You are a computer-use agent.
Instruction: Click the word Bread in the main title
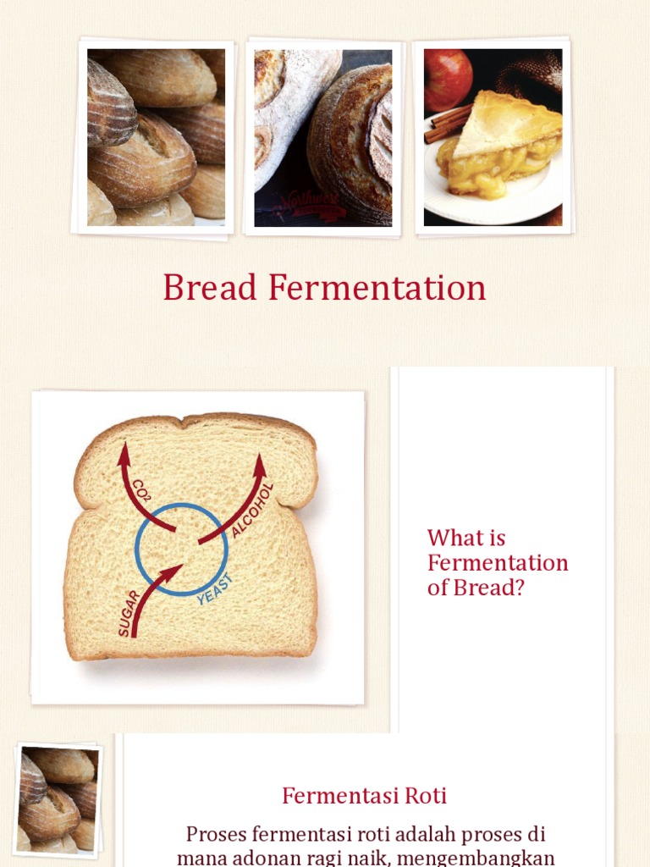pyautogui.click(x=210, y=288)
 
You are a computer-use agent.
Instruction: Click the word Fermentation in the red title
pyautogui.click(x=377, y=288)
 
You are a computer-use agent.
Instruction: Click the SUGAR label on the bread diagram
pyautogui.click(x=129, y=614)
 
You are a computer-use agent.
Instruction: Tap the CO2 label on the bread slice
pyautogui.click(x=141, y=492)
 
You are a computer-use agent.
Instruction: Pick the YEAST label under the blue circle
pyautogui.click(x=214, y=589)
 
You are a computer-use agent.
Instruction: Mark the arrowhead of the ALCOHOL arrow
pyautogui.click(x=260, y=465)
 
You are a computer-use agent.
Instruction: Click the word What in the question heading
pyautogui.click(x=454, y=538)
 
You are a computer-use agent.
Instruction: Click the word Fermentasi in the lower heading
pyautogui.click(x=334, y=796)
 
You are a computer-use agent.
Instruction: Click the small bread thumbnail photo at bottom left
pyautogui.click(x=58, y=799)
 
